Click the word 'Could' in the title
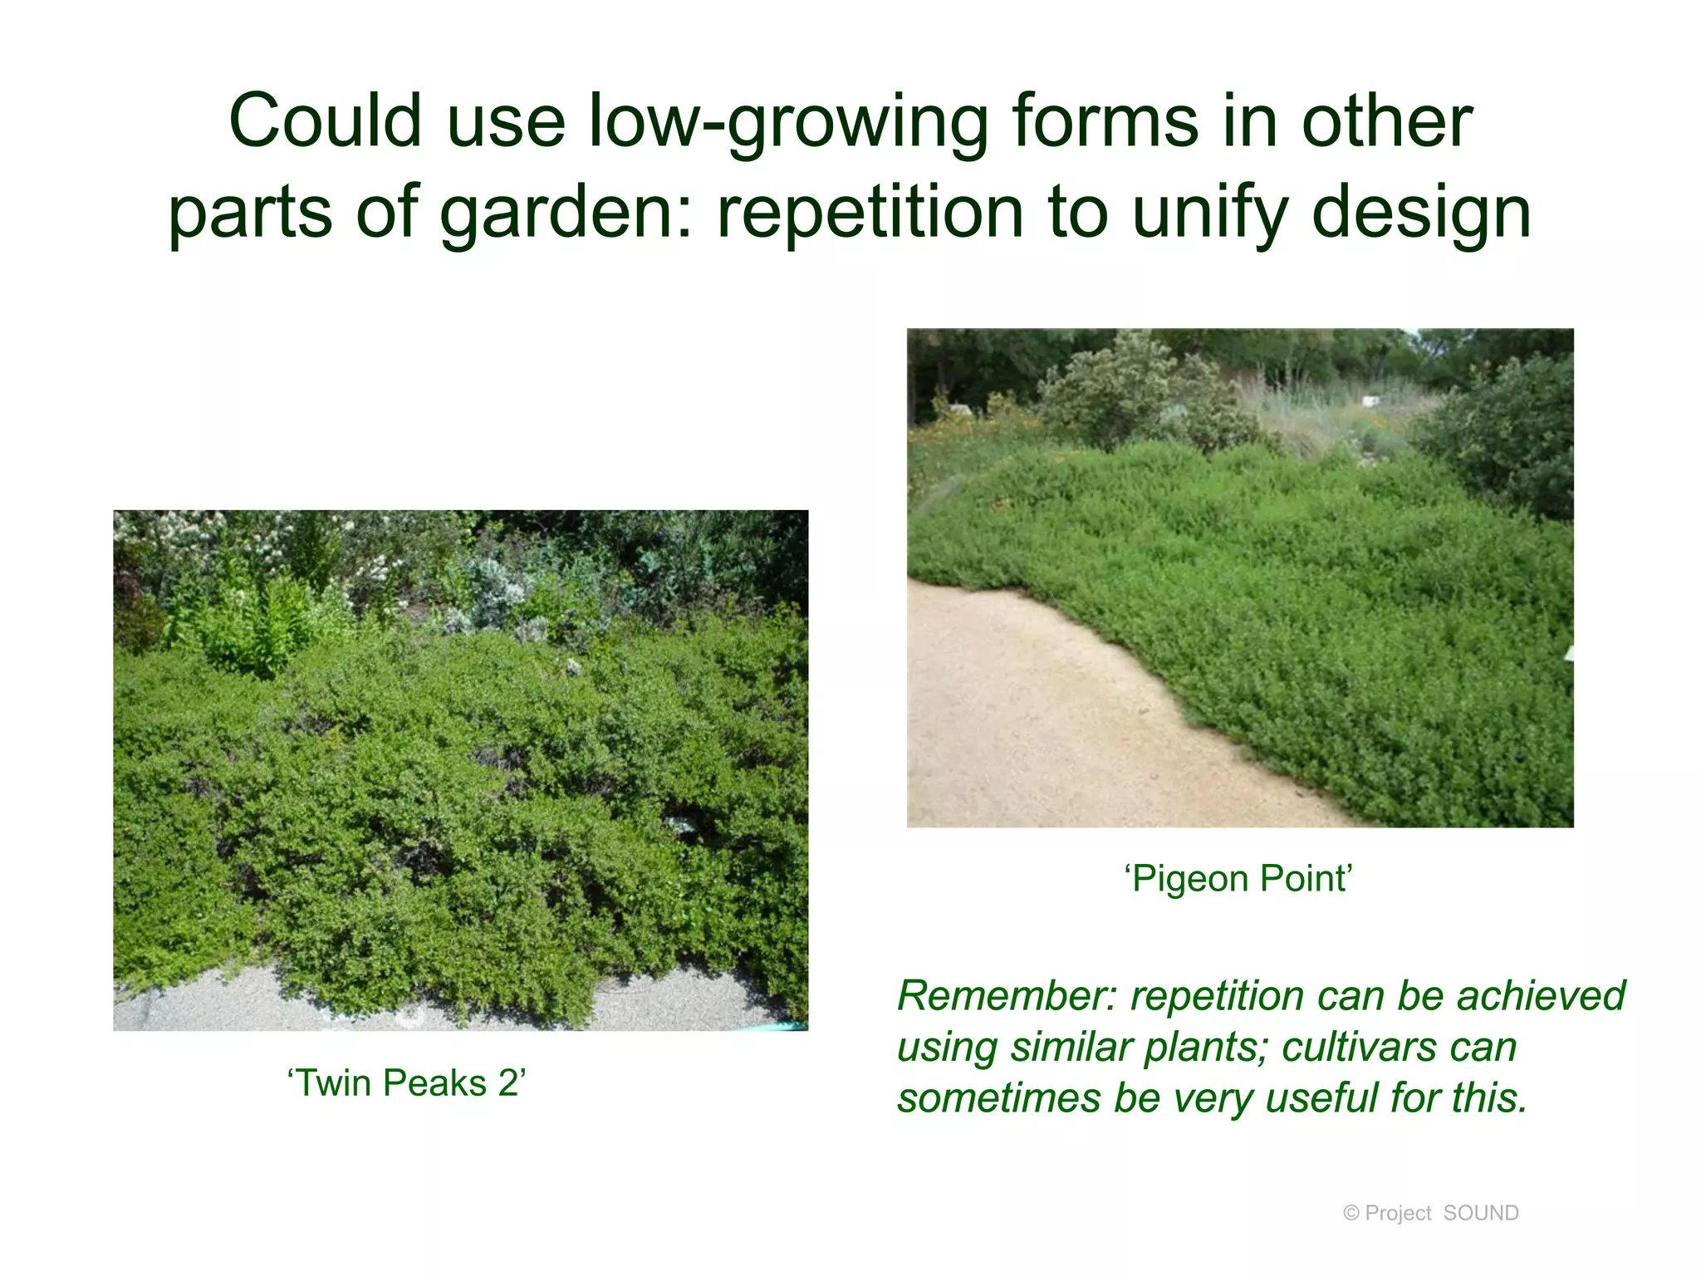(326, 122)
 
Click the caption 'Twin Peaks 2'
(406, 1083)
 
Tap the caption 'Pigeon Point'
(1239, 879)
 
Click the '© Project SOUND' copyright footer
(1430, 1214)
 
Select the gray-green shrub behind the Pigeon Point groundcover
(1138, 390)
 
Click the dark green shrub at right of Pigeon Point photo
(1503, 432)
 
